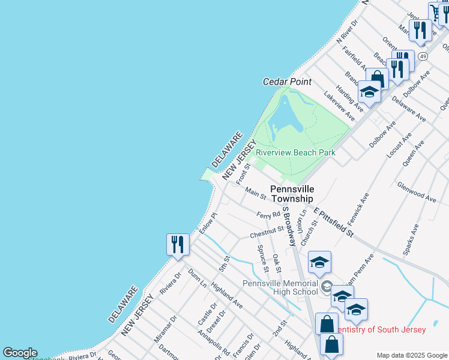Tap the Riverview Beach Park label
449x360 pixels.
295,152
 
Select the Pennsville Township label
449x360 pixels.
292,194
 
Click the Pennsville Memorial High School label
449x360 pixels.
280,287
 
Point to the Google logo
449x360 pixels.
19,353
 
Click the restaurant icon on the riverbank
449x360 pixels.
178,244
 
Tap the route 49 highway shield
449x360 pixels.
423,56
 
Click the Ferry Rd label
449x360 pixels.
268,214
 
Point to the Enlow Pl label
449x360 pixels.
208,223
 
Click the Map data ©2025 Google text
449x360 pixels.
412,355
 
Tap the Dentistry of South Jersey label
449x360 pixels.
382,329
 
